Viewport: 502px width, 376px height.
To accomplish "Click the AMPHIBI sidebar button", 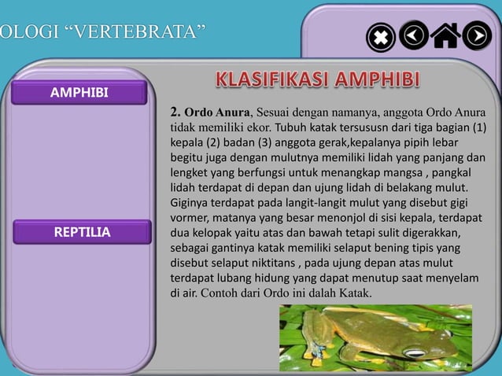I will [78, 94].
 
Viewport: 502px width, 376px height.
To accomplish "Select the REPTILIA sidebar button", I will [81, 232].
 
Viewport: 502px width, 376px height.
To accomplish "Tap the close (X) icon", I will [381, 37].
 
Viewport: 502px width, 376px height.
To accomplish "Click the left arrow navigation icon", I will [413, 35].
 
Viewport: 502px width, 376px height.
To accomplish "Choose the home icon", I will [446, 36].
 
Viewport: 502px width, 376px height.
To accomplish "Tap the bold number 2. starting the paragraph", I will [175, 112].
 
